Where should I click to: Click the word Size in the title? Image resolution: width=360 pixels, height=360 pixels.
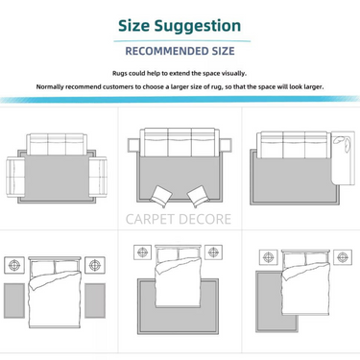tap(133, 26)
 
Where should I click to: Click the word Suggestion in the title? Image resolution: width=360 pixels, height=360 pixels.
tap(198, 27)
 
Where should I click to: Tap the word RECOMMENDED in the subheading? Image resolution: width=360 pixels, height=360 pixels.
tap(167, 51)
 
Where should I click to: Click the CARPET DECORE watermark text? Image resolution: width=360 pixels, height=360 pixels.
tap(179, 219)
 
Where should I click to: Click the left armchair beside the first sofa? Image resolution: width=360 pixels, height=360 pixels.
tap(15, 177)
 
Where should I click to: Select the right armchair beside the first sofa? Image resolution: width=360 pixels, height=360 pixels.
tap(98, 177)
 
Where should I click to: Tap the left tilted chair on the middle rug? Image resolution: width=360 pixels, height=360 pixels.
tap(160, 197)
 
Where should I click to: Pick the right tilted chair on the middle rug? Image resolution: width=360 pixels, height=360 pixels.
tap(198, 196)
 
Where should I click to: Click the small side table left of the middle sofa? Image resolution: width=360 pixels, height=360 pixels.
tap(132, 146)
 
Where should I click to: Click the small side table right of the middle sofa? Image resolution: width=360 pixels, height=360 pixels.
tap(226, 146)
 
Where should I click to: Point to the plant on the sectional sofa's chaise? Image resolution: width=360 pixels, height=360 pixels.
tap(342, 143)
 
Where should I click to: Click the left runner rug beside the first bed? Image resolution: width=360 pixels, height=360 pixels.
tap(14, 300)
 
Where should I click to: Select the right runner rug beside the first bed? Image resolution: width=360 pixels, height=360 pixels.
tap(95, 300)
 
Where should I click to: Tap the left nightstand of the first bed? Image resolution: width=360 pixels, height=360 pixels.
tap(14, 265)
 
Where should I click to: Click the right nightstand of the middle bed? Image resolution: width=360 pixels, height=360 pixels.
tap(213, 252)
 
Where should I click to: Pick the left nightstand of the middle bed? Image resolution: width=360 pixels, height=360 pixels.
tap(143, 252)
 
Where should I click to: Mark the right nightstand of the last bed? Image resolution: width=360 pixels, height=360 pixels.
tap(343, 257)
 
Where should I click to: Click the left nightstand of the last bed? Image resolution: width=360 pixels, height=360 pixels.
tap(268, 257)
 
